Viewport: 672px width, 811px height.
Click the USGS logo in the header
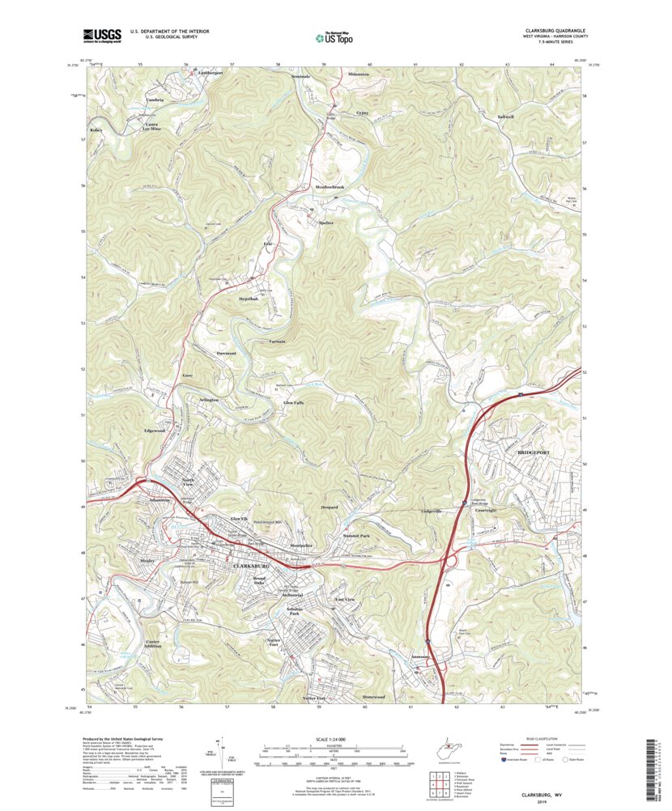click(x=101, y=35)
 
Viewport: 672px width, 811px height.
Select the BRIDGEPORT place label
click(x=534, y=448)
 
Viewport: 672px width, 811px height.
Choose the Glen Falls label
click(x=294, y=402)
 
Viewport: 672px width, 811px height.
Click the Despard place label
click(x=329, y=507)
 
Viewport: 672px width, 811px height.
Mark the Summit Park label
click(x=354, y=536)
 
